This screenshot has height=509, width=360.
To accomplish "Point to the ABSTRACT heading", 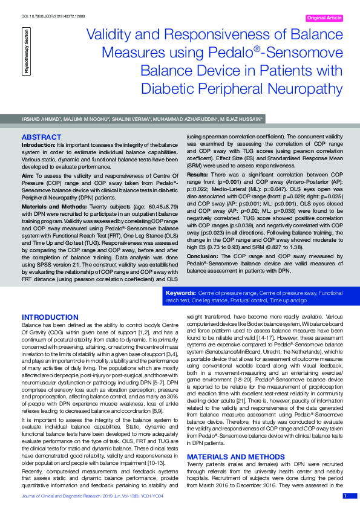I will pyautogui.click(x=41, y=137).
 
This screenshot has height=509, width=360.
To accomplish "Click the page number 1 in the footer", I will pyautogui.click(x=345, y=496).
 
